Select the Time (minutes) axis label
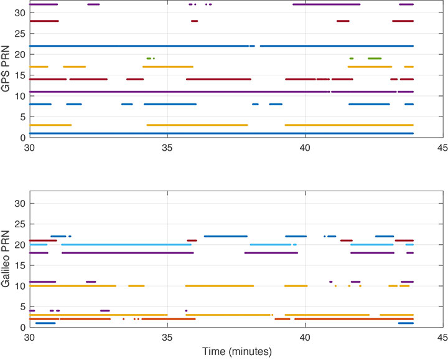click(x=236, y=352)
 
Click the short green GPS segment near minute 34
click(x=149, y=59)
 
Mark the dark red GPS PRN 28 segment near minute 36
click(x=195, y=21)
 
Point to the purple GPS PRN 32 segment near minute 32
click(x=93, y=4)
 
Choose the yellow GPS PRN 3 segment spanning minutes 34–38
click(x=197, y=125)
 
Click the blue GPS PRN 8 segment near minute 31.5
click(x=74, y=104)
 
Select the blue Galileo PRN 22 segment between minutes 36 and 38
click(x=225, y=236)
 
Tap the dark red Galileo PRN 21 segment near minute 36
click(x=192, y=240)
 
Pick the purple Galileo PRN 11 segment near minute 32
click(x=91, y=282)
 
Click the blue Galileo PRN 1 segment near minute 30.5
click(x=46, y=323)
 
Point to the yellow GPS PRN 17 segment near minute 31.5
click(x=74, y=67)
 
